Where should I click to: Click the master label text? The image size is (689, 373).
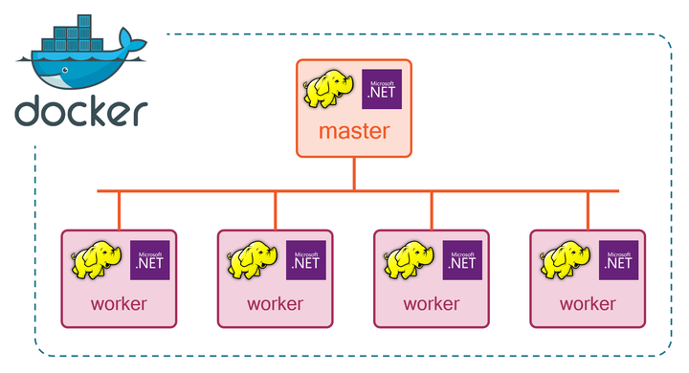(354, 131)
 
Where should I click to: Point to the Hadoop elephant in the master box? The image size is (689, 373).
(327, 89)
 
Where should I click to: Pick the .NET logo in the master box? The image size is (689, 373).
(383, 89)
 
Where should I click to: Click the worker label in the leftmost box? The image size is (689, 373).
(119, 304)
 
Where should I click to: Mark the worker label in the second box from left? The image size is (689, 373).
(276, 304)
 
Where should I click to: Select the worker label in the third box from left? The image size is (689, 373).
(432, 304)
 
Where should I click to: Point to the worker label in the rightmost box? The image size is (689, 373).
(589, 304)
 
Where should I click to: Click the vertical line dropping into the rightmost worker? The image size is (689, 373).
(589, 210)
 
